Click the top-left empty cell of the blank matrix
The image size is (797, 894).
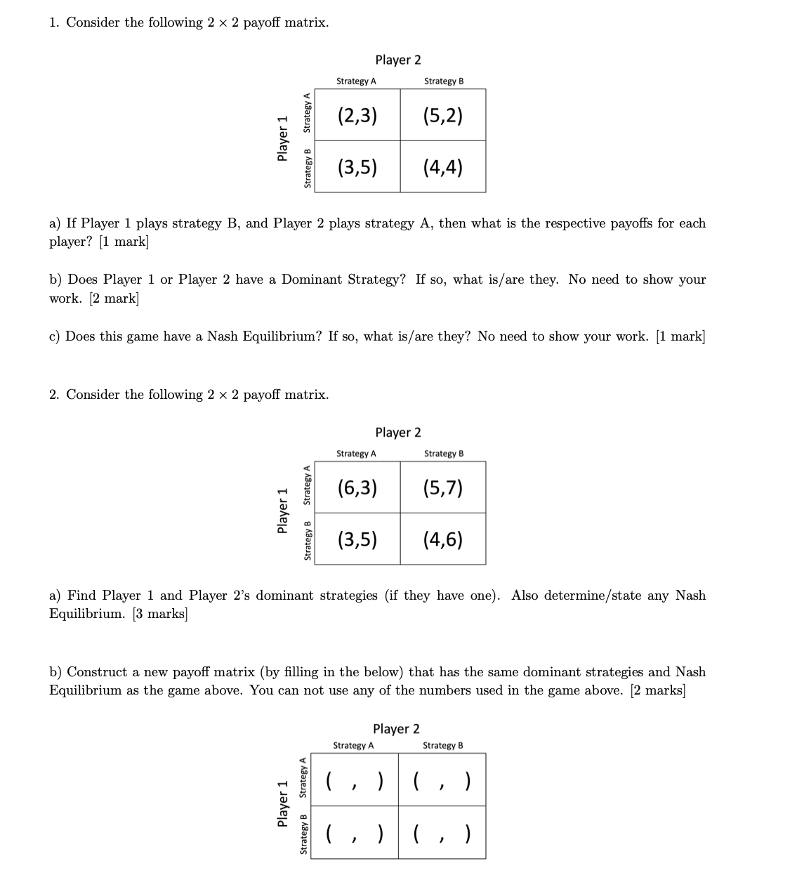click(x=355, y=780)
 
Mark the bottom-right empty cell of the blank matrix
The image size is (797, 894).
click(x=442, y=833)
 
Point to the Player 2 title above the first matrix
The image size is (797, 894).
click(x=398, y=60)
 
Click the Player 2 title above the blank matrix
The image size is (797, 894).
click(x=396, y=729)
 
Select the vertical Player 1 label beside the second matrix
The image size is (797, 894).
click(x=283, y=511)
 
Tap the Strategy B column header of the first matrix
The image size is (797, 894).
click(x=444, y=81)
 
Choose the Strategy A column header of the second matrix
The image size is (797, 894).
click(x=356, y=454)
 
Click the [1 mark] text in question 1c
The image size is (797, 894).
click(x=680, y=336)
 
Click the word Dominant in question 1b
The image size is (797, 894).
click(x=312, y=280)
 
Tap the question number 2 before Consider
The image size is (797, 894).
click(x=53, y=395)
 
